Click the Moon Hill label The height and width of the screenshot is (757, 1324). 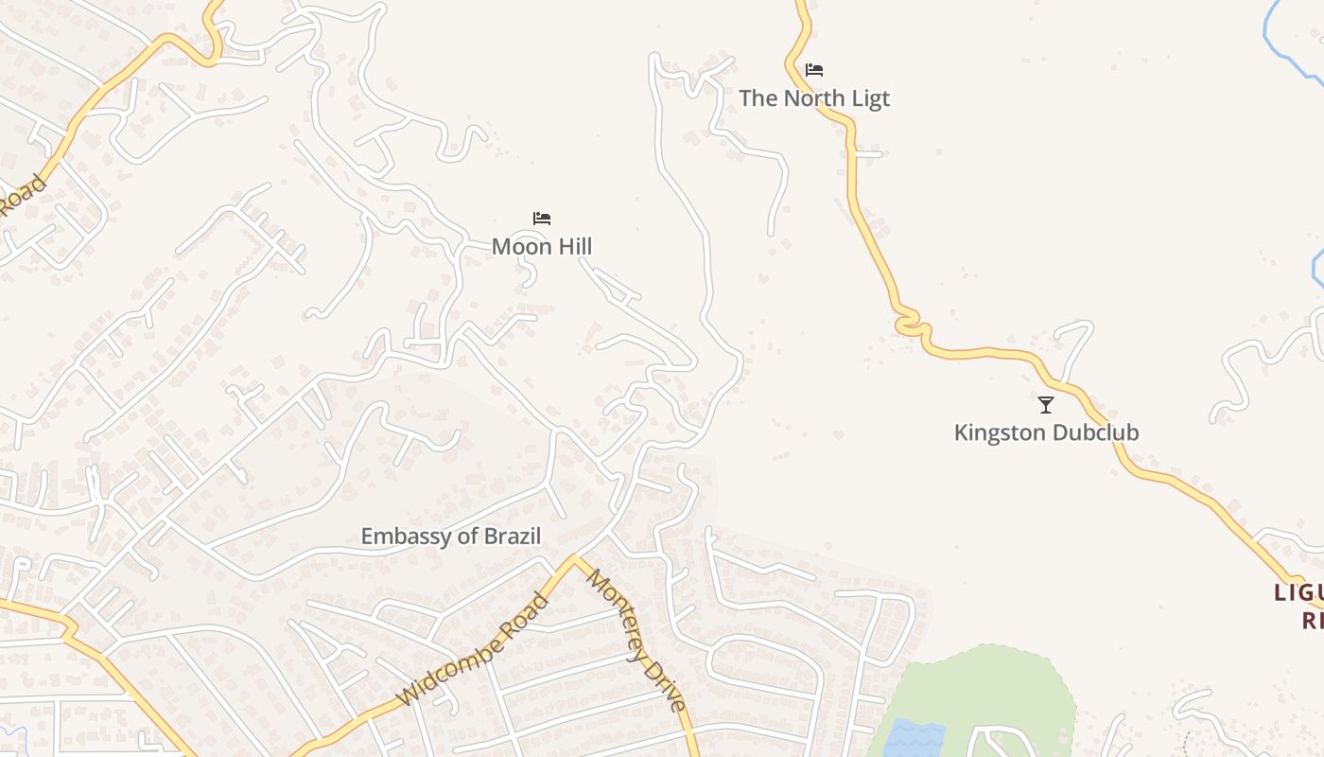[541, 247]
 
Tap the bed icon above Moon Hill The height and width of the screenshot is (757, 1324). [542, 219]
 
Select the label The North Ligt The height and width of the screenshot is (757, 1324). [813, 98]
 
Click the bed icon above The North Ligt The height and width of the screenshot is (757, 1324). [814, 70]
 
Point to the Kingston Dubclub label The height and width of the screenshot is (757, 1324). [1046, 432]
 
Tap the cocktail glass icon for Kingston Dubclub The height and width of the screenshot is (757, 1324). [1046, 405]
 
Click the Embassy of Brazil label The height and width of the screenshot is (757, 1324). [451, 537]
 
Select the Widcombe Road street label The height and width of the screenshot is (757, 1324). [473, 650]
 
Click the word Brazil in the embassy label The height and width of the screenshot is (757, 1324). [513, 537]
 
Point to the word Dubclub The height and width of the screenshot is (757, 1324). [1096, 432]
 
